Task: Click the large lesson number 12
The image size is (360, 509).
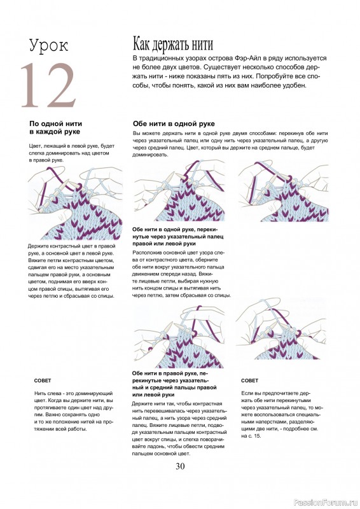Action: pos(48,85)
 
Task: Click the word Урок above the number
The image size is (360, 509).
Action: pos(49,45)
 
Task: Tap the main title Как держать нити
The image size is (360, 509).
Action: pos(173,44)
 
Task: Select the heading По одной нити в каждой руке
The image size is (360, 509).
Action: pos(55,128)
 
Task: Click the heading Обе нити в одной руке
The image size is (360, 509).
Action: pos(174,123)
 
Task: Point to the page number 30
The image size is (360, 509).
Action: pos(180,466)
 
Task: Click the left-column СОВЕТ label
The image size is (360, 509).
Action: pos(43,380)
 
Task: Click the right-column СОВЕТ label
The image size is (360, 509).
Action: pos(249,380)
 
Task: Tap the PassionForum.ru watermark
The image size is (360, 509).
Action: pos(325,503)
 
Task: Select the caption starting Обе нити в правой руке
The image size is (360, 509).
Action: pos(174,384)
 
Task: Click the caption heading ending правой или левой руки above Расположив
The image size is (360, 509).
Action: pos(178,236)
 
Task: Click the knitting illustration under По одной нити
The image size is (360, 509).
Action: pos(75,202)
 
